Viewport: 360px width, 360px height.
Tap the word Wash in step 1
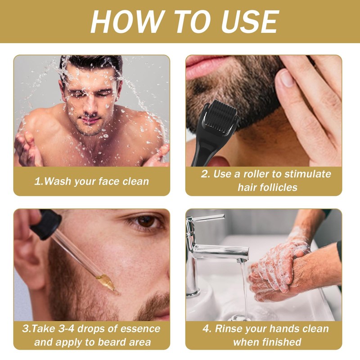coord(60,181)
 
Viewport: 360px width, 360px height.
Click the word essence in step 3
coord(139,328)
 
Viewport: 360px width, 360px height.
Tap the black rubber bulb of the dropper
coord(45,224)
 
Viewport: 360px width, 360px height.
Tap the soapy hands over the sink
coord(279,270)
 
